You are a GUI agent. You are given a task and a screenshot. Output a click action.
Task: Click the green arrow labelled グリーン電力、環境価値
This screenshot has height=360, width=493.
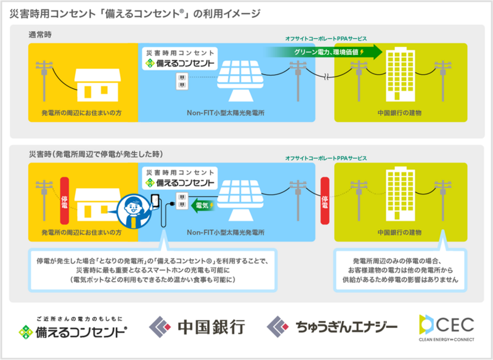pos(324,52)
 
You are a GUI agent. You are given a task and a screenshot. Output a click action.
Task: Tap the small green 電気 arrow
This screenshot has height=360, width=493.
pos(203,206)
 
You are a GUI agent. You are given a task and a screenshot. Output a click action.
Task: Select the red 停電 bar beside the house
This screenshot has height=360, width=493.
pos(65,200)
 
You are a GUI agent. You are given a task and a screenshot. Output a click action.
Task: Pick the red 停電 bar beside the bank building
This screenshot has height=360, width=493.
pos(325,200)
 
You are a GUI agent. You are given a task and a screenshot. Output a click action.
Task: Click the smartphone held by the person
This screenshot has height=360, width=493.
pos(155,200)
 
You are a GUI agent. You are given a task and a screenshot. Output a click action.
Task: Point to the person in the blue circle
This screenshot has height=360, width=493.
pos(134,210)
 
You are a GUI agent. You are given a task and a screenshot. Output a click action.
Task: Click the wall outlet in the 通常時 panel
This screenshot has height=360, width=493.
pos(182,81)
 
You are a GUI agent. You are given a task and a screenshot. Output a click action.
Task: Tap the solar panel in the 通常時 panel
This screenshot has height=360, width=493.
pos(240,80)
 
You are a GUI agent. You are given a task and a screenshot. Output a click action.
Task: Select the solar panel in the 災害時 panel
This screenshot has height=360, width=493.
pos(240,200)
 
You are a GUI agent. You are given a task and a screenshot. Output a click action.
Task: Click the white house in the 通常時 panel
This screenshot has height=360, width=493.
pos(97,85)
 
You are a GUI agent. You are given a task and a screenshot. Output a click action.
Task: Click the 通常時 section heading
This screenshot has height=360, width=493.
pos(40,35)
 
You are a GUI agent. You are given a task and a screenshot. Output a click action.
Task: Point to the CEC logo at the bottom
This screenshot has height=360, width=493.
pos(446,327)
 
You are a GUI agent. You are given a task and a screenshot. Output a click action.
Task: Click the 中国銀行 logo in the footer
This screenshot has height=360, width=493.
pos(197,327)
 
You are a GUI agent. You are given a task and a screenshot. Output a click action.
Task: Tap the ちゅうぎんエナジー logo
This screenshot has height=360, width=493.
pos(332,327)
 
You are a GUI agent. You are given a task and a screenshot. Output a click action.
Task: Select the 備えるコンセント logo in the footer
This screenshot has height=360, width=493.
pos(73,328)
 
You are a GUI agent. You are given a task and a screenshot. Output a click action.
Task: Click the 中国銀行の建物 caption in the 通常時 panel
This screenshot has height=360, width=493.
pos(399,113)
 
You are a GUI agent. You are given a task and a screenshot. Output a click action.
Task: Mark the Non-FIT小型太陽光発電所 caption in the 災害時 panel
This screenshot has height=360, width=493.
pos(226,232)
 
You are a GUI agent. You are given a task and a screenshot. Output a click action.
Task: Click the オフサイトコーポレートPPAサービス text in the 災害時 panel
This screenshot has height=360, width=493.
pos(326,158)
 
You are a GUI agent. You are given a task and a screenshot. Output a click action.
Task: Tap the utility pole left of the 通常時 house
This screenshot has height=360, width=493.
pos(44,81)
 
